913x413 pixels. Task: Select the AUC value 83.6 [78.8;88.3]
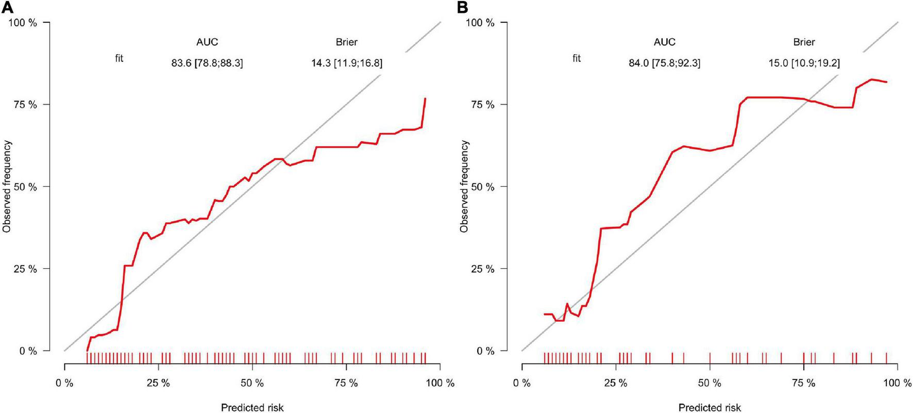click(x=207, y=63)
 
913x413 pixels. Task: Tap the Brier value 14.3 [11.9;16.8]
click(x=347, y=63)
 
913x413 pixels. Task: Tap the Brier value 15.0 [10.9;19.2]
click(x=804, y=63)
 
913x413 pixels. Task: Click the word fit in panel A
click(x=119, y=58)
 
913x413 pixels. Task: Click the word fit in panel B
click(x=577, y=58)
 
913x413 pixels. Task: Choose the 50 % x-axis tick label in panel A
click(x=252, y=383)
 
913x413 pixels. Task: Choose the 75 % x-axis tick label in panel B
click(x=804, y=383)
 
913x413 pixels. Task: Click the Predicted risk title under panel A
click(x=252, y=407)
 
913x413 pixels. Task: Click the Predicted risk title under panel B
click(x=709, y=407)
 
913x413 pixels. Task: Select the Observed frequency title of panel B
click(x=464, y=186)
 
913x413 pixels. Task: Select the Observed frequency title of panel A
click(x=7, y=186)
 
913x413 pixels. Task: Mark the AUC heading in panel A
click(x=207, y=42)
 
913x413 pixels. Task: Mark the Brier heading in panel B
click(x=804, y=42)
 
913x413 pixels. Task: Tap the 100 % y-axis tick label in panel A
click(x=23, y=23)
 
